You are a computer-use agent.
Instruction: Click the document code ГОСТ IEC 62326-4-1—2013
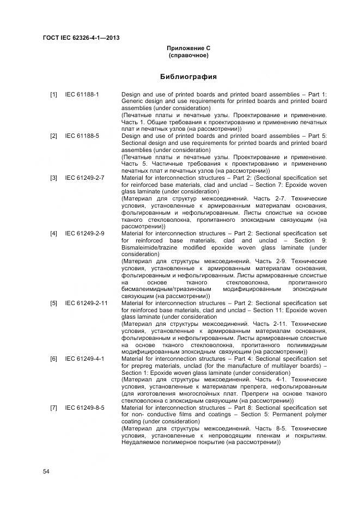coord(81,38)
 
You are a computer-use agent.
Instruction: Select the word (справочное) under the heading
coord(188,56)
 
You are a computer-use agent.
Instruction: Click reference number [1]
coord(54,94)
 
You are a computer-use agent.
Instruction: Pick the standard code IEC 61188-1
coord(82,94)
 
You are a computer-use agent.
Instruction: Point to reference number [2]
coord(54,136)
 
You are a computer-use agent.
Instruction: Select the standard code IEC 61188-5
coord(82,136)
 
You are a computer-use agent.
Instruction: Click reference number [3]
coord(54,178)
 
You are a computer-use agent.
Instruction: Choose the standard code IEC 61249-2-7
coord(85,178)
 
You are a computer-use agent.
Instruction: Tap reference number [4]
coord(54,233)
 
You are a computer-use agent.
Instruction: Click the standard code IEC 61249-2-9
coord(85,233)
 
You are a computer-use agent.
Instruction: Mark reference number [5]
coord(54,303)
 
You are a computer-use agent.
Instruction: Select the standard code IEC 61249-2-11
coord(87,303)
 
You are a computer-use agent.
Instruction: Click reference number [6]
coord(54,359)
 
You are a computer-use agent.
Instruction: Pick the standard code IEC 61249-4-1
coord(85,359)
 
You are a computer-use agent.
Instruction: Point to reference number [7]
coord(54,408)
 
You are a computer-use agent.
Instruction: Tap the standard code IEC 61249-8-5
coord(85,408)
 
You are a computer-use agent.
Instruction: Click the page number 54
coord(46,471)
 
